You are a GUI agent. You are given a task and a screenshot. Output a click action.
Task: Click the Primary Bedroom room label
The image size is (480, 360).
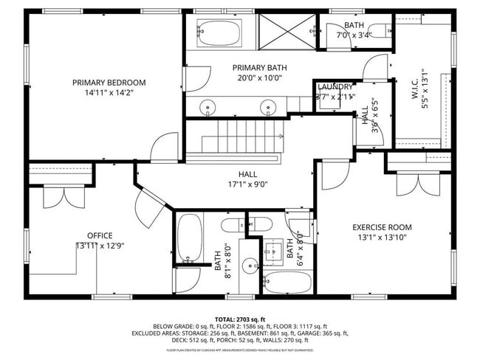pyautogui.click(x=109, y=82)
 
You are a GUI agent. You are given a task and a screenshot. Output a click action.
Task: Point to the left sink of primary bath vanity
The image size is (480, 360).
pyautogui.click(x=208, y=106)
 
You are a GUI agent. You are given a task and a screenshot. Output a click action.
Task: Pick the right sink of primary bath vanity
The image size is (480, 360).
pyautogui.click(x=267, y=106)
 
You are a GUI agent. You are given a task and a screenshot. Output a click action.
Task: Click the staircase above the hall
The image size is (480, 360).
pyautogui.click(x=233, y=139)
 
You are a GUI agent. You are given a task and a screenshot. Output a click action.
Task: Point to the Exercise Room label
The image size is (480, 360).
pyautogui.click(x=382, y=227)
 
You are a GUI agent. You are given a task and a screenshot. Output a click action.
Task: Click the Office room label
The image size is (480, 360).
pyautogui.click(x=100, y=236)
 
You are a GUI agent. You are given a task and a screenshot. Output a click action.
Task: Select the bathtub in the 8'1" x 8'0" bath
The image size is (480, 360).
pyautogui.click(x=190, y=238)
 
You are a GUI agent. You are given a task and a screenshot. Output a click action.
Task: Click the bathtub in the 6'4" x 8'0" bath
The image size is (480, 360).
pyautogui.click(x=287, y=283)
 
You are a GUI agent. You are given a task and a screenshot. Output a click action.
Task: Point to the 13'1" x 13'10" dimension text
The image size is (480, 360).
pyautogui.click(x=382, y=237)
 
